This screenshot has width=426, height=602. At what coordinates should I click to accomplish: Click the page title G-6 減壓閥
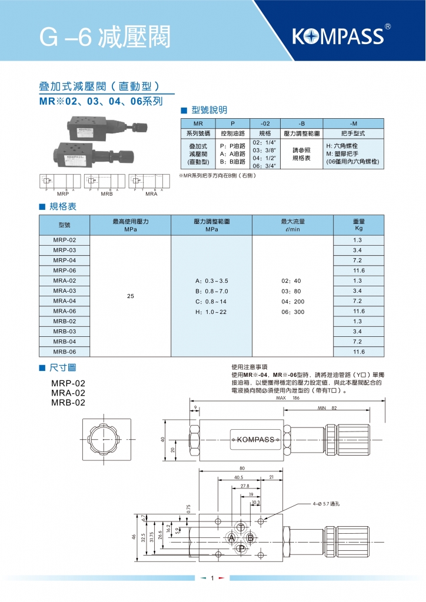(105, 37)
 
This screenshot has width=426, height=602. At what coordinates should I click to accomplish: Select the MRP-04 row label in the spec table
(64, 260)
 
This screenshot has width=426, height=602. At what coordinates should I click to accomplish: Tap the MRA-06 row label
(64, 311)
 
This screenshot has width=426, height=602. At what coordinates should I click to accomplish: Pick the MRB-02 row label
(64, 321)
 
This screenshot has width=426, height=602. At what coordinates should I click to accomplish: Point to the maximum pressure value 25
(131, 296)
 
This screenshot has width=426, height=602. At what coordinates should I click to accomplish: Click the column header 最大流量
(293, 222)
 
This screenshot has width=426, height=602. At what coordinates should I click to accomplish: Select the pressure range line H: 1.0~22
(211, 312)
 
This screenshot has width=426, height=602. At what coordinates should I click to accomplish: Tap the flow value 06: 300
(293, 312)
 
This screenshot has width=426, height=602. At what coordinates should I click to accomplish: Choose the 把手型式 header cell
(353, 133)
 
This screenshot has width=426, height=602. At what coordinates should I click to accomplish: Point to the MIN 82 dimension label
(327, 407)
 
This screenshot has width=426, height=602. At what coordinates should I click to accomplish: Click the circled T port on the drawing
(241, 526)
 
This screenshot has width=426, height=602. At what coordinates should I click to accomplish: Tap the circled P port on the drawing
(241, 549)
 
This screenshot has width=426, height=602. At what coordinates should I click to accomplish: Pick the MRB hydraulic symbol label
(106, 193)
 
